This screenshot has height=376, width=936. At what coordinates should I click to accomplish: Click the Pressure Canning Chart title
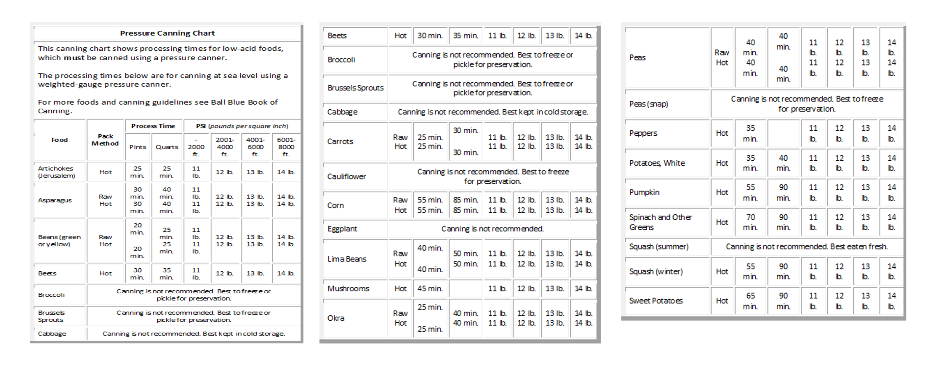168,33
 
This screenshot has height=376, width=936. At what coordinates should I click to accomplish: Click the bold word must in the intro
74,58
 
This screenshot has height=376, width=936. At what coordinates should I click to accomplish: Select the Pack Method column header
105,140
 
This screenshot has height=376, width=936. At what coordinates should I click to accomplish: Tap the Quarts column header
167,147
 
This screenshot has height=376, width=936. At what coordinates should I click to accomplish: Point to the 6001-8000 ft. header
286,147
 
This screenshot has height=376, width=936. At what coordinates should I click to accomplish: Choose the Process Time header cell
153,126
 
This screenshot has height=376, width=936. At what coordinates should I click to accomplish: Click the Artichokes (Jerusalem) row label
56,172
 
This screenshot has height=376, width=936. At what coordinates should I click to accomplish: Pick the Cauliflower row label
347,177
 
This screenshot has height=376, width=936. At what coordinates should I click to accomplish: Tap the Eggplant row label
342,229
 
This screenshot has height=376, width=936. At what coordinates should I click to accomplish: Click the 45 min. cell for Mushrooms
430,289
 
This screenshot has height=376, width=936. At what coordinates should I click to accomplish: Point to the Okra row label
336,318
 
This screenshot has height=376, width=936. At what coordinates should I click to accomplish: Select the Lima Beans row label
347,259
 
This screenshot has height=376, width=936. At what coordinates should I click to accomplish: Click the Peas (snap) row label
649,104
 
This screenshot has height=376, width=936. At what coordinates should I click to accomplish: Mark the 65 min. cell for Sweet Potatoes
751,301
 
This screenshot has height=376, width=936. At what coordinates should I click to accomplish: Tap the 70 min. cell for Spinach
751,222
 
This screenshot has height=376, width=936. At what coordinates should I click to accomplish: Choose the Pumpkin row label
644,192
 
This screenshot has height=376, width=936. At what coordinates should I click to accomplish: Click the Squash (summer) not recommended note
807,247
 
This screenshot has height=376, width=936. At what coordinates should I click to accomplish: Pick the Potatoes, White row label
657,163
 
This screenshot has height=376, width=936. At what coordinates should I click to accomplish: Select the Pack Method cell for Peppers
722,133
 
